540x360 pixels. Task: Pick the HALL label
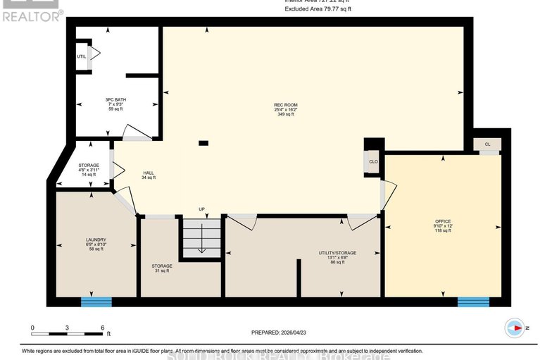click(x=149, y=173)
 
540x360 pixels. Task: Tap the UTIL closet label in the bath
click(x=81, y=56)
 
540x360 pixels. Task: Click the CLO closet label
click(x=374, y=161)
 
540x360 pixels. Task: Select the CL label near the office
click(x=487, y=144)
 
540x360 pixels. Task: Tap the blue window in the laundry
click(x=96, y=302)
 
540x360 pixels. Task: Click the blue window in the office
click(x=473, y=302)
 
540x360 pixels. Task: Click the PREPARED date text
click(x=279, y=333)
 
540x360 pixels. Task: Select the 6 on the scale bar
click(x=103, y=328)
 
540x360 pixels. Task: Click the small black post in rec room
click(x=203, y=143)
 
